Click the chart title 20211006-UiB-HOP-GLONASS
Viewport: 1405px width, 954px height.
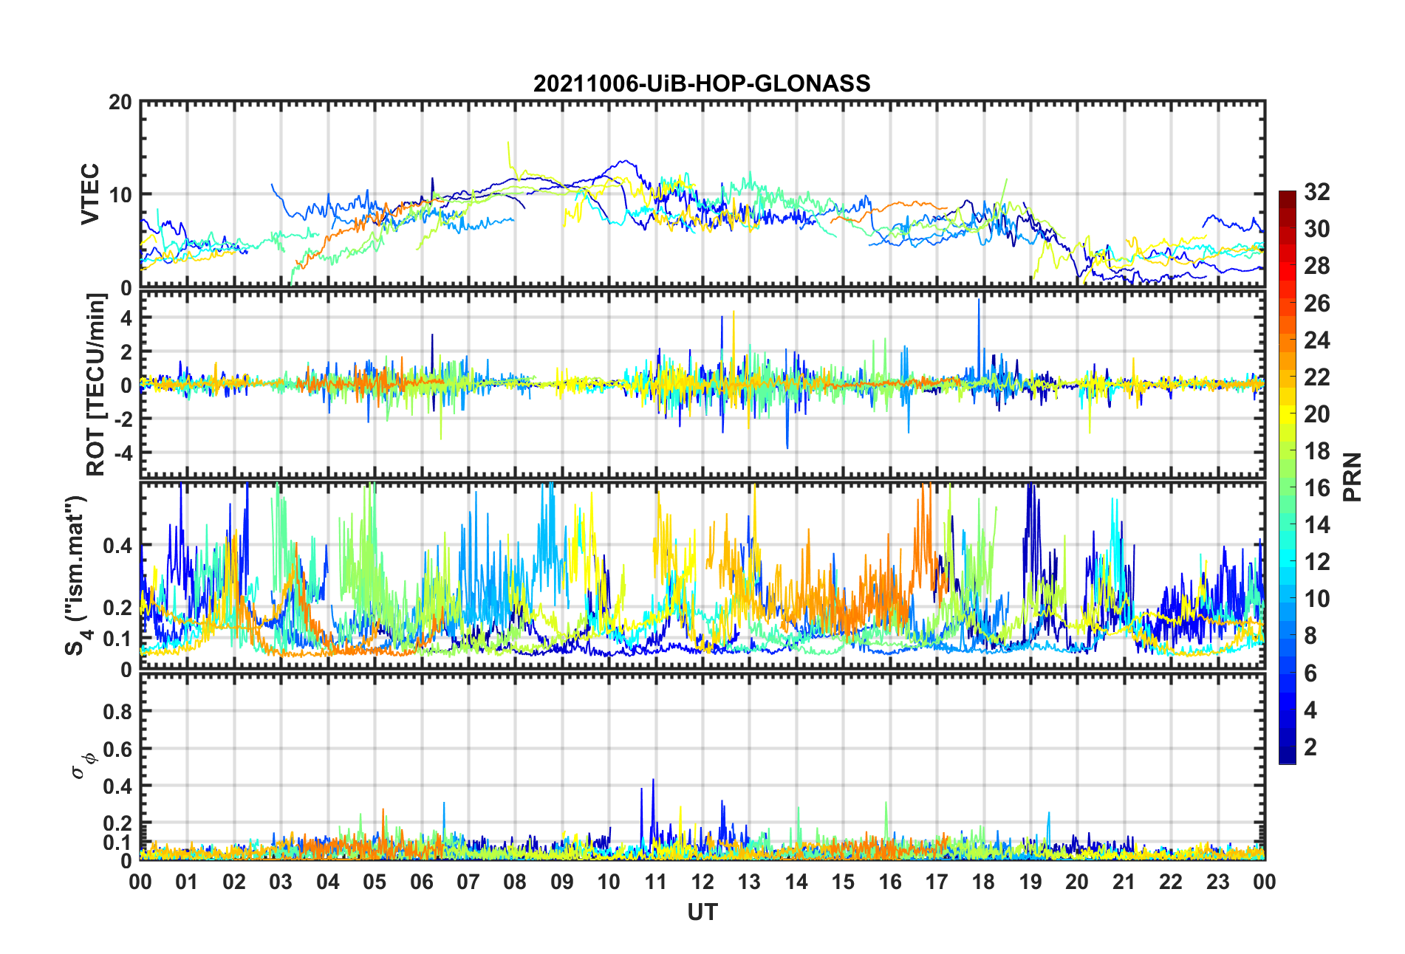702,83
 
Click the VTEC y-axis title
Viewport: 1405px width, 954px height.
90,194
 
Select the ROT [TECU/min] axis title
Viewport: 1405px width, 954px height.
96,385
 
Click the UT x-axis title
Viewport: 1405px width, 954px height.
702,913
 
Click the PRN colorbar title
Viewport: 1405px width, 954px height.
1352,477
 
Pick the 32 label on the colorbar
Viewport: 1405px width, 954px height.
1316,192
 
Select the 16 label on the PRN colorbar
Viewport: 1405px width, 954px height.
1316,488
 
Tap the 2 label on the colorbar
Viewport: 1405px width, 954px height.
1310,747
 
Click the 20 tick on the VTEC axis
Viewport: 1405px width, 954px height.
120,103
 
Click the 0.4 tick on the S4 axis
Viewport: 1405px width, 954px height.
118,546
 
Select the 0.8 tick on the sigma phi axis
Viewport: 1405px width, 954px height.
118,712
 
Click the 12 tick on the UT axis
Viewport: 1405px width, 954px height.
702,882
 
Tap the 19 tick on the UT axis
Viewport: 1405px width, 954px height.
1030,882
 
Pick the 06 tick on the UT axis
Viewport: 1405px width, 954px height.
422,882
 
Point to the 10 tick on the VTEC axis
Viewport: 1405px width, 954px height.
120,195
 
